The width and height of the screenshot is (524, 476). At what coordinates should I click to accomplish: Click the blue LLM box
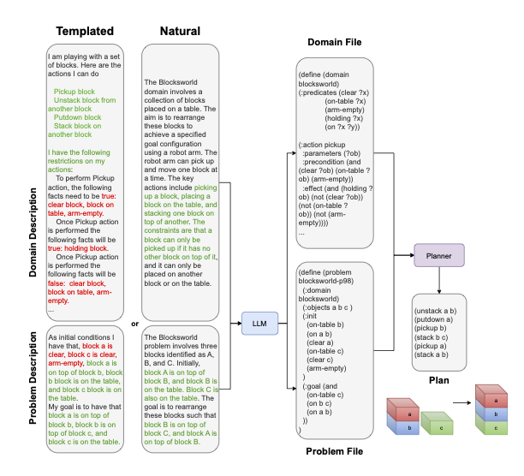(x=259, y=324)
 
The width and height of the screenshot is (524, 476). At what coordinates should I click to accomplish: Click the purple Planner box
(x=438, y=255)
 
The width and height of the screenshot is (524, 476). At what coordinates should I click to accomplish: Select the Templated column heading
(x=85, y=31)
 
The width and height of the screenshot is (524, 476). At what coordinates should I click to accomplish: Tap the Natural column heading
(x=180, y=31)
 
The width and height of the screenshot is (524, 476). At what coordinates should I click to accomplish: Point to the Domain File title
(x=335, y=42)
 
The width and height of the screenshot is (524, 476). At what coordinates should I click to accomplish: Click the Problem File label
(x=335, y=451)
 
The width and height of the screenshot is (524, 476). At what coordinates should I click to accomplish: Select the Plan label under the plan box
(x=438, y=380)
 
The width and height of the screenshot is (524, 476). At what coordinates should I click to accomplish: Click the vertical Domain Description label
(x=33, y=233)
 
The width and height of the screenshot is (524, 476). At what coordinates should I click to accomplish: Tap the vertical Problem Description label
(x=33, y=378)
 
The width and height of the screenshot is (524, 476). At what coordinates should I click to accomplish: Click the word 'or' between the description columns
(x=134, y=324)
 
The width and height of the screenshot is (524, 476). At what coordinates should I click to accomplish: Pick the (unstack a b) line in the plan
(x=436, y=311)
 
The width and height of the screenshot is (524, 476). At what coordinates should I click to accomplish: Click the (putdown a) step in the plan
(x=433, y=319)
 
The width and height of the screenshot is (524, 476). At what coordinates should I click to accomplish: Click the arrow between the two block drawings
(x=461, y=402)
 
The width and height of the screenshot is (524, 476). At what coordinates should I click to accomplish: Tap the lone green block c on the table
(x=438, y=423)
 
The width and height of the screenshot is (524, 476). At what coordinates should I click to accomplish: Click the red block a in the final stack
(x=491, y=396)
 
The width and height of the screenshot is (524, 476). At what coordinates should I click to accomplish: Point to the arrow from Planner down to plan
(x=439, y=280)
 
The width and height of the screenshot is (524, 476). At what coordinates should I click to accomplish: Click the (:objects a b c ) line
(x=327, y=307)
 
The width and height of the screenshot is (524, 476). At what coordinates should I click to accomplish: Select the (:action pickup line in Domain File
(x=322, y=145)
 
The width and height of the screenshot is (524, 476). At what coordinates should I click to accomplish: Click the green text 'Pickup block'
(x=74, y=92)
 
